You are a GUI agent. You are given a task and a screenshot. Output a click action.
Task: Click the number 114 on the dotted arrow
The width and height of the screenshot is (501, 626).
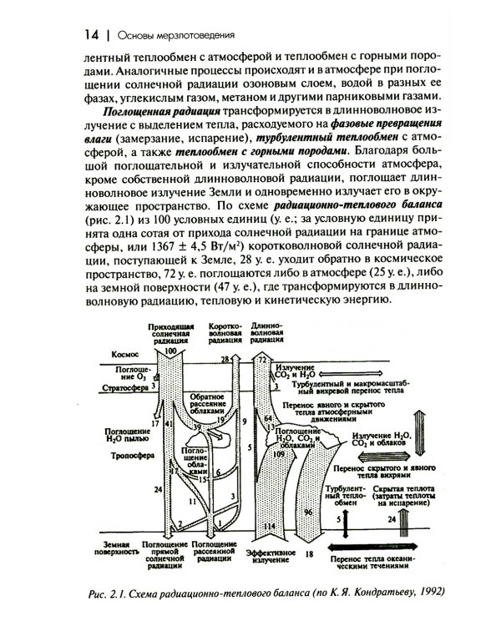pos(269,528)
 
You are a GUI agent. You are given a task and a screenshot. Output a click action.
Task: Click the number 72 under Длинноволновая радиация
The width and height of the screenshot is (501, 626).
pos(261,358)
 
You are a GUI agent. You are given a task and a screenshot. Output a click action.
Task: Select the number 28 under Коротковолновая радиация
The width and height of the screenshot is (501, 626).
pos(225,358)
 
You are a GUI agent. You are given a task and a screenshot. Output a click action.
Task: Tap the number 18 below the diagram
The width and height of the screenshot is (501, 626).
pos(309,553)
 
